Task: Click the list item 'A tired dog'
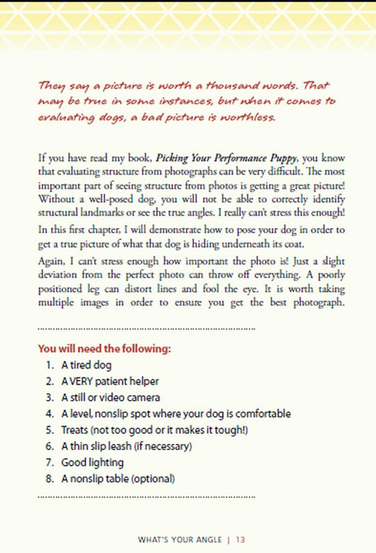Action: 86,366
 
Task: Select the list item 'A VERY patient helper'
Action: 110,382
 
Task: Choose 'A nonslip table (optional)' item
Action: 117,478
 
